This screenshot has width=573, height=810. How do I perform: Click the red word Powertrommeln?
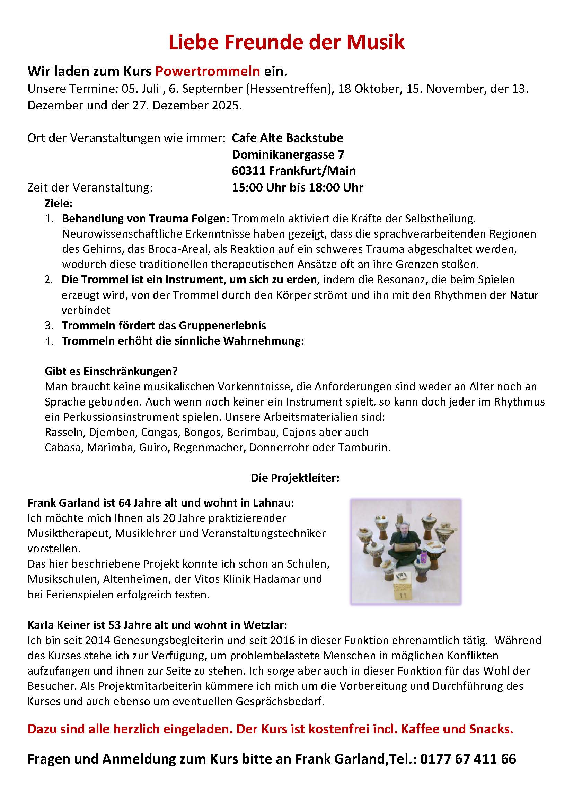pyautogui.click(x=208, y=72)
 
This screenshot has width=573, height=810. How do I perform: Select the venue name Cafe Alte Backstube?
pyautogui.click(x=287, y=137)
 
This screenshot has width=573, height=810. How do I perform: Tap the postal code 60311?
pyautogui.click(x=248, y=171)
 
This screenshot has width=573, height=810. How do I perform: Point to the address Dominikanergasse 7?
pyautogui.click(x=288, y=154)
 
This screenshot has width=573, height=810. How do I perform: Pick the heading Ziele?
pyautogui.click(x=59, y=203)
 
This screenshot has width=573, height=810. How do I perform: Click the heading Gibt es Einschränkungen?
pyautogui.click(x=111, y=371)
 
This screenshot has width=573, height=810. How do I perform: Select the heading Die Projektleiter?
pyautogui.click(x=294, y=478)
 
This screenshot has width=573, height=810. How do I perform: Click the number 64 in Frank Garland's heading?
pyautogui.click(x=125, y=502)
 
